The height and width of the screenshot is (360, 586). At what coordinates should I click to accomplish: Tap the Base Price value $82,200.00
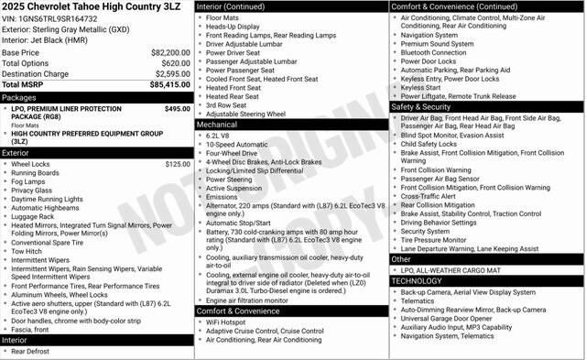[169, 53]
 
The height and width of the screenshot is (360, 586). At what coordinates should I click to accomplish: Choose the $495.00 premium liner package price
[177, 108]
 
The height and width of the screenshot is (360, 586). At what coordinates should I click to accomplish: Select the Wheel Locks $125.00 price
[177, 164]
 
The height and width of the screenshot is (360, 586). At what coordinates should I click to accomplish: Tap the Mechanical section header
[217, 125]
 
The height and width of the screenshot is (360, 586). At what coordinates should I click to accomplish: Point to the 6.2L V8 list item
[218, 136]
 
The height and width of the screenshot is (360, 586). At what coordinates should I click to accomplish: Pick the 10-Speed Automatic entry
[237, 146]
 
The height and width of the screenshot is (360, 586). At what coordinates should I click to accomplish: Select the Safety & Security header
[426, 106]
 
